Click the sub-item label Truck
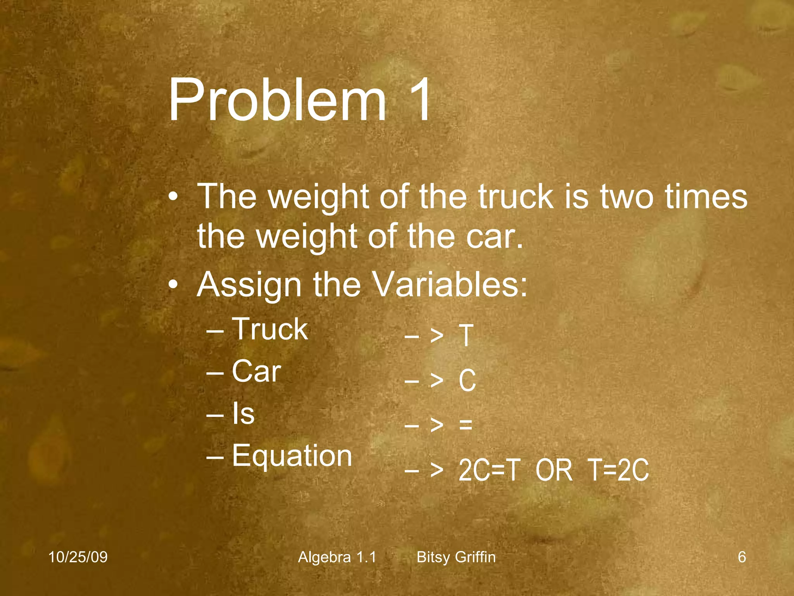pos(270,329)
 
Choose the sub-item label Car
pos(256,371)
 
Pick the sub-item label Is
pos(243,413)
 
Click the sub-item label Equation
pos(292,456)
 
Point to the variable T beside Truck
pos(466,336)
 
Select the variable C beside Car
pos(467,380)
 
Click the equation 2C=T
pos(488,470)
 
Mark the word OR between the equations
pos(554,470)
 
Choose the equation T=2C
pos(618,470)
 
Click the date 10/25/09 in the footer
pos(78,557)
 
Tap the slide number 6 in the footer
pos(742,557)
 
